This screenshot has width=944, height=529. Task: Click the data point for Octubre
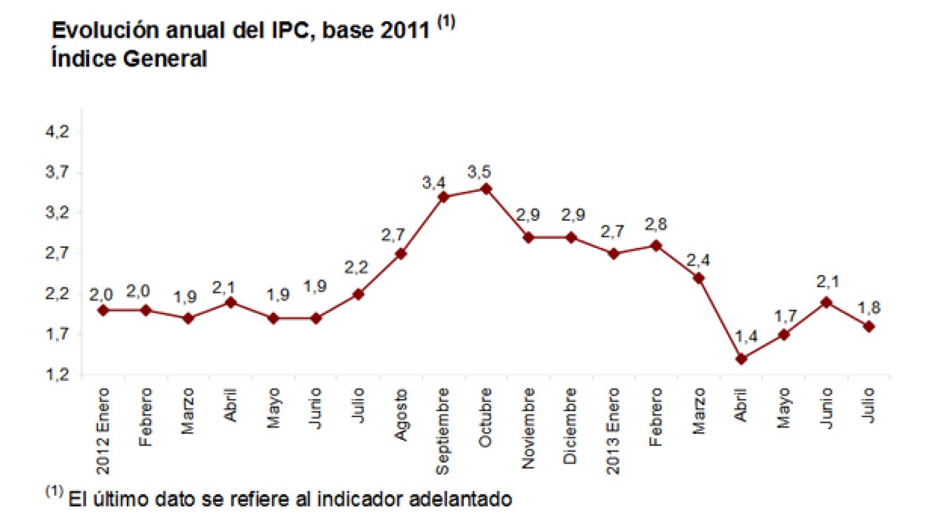pos(486,189)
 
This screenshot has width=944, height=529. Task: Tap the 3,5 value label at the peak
pos(479,172)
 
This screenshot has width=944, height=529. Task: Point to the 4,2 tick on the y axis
pos(57,132)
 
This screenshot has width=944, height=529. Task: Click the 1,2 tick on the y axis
pos(57,374)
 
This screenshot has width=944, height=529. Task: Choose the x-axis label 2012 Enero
pos(103,431)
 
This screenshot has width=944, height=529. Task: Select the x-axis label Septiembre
pos(442,431)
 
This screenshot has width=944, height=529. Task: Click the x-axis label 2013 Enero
pos(613,431)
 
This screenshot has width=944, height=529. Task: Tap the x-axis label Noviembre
pos(528,428)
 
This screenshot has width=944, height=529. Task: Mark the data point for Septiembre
pos(444,197)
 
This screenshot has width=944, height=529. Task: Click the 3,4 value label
pos(434,183)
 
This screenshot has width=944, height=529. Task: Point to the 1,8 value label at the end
pos(868,308)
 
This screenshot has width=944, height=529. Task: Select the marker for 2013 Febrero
pos(656,246)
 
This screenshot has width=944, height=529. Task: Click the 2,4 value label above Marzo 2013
pos(698,260)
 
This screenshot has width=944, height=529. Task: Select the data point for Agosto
pos(401,254)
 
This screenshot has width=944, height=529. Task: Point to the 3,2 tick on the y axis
pos(57,213)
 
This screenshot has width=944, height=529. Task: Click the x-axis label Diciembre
pos(571,426)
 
